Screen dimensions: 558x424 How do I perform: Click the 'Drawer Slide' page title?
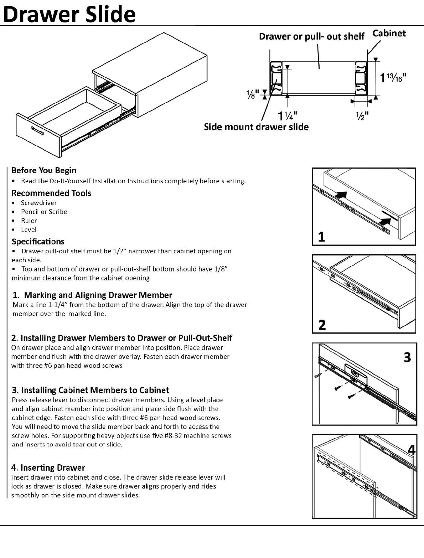(69, 14)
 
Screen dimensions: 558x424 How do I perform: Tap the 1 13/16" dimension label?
(393, 78)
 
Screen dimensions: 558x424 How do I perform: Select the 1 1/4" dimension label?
(288, 116)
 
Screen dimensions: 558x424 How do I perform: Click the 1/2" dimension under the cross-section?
(362, 116)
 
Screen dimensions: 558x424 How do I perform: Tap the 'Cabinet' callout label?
(389, 33)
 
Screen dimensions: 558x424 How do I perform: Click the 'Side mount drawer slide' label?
(256, 127)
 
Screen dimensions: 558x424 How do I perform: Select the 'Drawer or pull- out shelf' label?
(311, 36)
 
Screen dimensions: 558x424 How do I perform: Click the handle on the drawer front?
(37, 130)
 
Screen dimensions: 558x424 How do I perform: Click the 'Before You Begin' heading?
(44, 170)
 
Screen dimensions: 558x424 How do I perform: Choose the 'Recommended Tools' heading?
(51, 193)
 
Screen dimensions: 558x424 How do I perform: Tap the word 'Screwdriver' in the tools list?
(39, 203)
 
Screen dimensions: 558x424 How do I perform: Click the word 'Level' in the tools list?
(29, 229)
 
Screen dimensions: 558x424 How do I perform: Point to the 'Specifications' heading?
(38, 242)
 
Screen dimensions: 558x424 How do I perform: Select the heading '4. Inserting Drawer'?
(48, 467)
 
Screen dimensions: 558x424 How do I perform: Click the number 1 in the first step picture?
(321, 237)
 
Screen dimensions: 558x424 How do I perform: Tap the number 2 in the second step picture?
(322, 325)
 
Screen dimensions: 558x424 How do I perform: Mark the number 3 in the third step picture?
(407, 357)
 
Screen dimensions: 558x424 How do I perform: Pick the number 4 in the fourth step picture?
(412, 450)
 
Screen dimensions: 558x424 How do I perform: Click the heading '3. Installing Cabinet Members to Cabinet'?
(91, 390)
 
